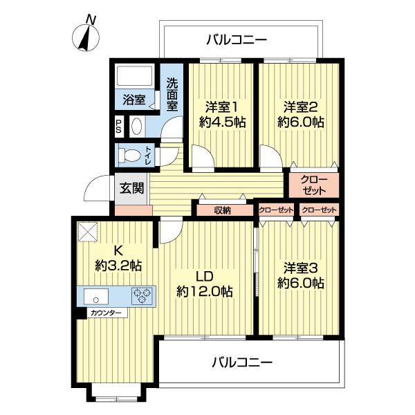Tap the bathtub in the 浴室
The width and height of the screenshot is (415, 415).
tap(136, 77)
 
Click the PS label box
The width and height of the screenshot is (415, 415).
tap(119, 127)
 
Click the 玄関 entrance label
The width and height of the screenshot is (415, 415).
tap(131, 187)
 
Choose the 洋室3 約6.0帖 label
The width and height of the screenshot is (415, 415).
tap(301, 275)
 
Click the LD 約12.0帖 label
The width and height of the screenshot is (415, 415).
tap(204, 283)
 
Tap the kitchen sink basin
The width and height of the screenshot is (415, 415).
tap(95, 297)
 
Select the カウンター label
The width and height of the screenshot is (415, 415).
tap(107, 313)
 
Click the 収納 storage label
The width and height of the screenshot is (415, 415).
tap(222, 210)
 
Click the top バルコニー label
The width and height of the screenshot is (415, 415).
tap(236, 40)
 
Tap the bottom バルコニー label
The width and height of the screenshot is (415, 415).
tap(242, 362)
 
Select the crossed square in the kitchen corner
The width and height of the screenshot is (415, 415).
tap(89, 230)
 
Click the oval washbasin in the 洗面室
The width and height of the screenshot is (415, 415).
tap(136, 127)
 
